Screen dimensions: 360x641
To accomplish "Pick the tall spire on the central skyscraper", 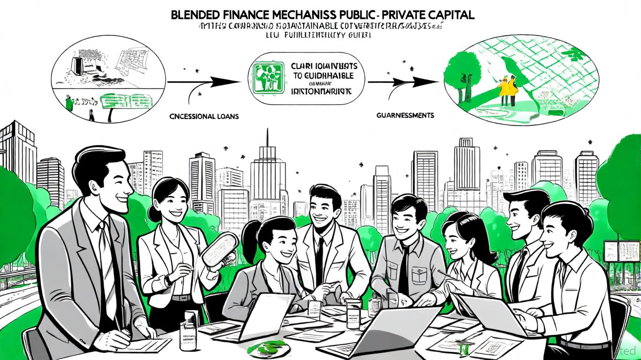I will pyautogui.click(x=267, y=138).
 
